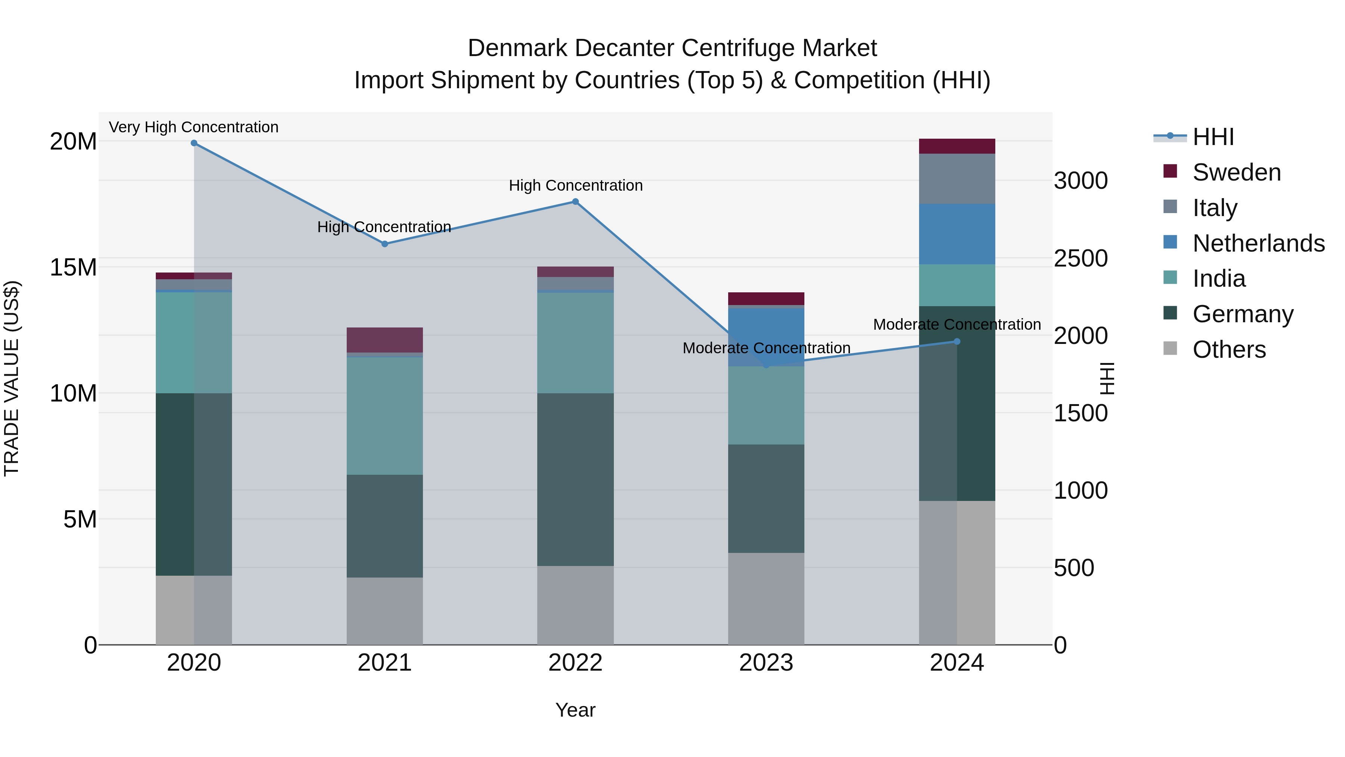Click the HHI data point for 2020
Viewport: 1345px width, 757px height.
coord(194,143)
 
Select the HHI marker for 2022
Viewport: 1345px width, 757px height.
coord(575,201)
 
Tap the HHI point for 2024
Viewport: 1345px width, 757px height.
coord(957,342)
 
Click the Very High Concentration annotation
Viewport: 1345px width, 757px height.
coord(194,127)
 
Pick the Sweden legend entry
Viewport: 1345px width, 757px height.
coord(1236,172)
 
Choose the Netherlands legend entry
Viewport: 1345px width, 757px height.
coord(1258,243)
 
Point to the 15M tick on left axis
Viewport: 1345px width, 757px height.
coord(73,268)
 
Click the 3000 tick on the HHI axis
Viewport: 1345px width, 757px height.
coord(1080,181)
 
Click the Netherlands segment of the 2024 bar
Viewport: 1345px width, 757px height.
coord(957,234)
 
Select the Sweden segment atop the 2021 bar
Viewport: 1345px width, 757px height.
coord(385,340)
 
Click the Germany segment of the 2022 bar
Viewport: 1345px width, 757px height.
coord(575,480)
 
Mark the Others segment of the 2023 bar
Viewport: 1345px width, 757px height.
coord(766,599)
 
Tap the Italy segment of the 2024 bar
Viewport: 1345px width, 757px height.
coord(957,179)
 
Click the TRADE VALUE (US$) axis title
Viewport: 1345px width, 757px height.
coord(12,378)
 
